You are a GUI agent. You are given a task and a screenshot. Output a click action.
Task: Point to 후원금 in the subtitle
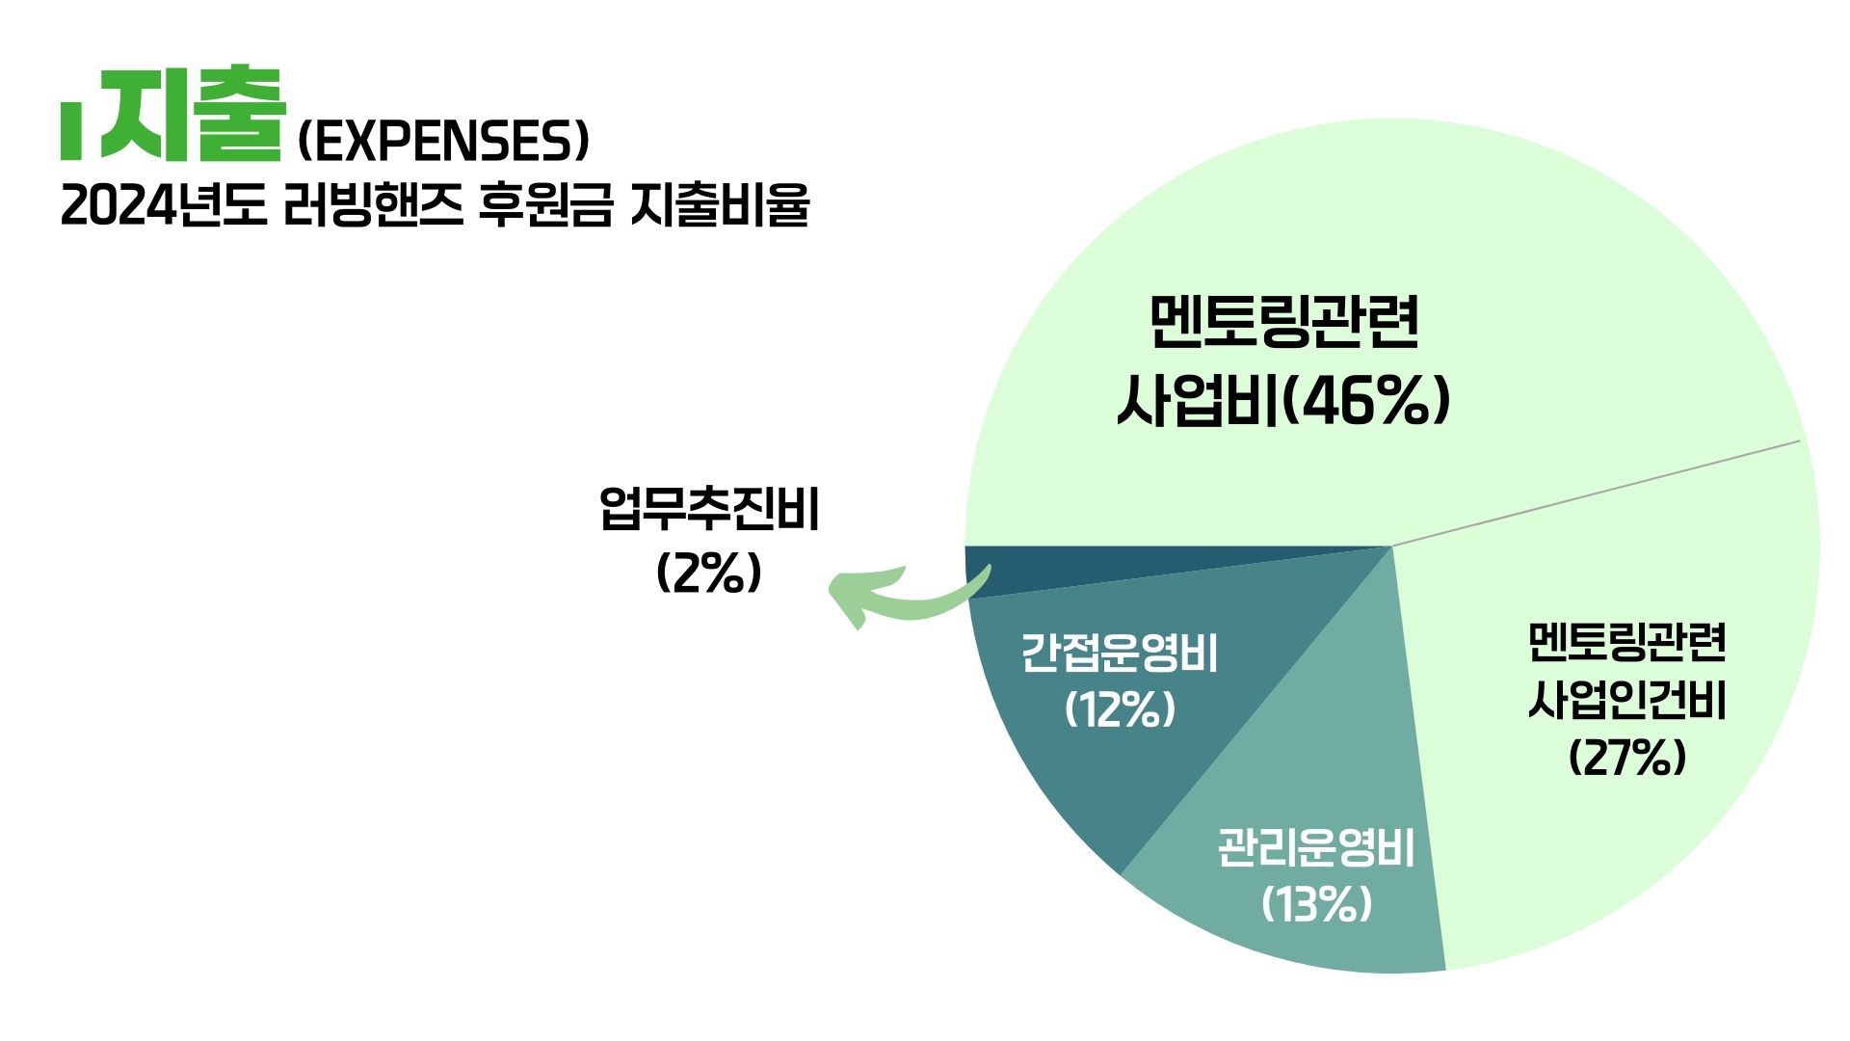tap(545, 205)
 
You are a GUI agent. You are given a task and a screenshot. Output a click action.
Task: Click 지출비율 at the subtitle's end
tap(720, 205)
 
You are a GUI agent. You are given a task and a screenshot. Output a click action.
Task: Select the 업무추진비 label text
tap(709, 509)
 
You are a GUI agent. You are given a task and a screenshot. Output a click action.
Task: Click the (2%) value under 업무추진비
tap(709, 574)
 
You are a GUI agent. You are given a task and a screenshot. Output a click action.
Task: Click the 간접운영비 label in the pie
tap(1120, 654)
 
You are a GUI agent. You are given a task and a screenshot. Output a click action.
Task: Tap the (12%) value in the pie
tap(1121, 710)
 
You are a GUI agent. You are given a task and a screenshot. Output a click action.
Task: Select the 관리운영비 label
tap(1316, 848)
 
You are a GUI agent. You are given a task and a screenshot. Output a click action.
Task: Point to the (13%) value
tap(1316, 904)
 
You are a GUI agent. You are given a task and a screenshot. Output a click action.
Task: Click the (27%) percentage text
tap(1627, 758)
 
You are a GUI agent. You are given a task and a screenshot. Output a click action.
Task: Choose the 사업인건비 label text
tap(1627, 701)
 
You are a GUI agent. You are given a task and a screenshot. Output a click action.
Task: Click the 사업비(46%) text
tap(1283, 400)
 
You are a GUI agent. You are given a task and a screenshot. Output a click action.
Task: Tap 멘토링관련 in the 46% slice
tap(1284, 321)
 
